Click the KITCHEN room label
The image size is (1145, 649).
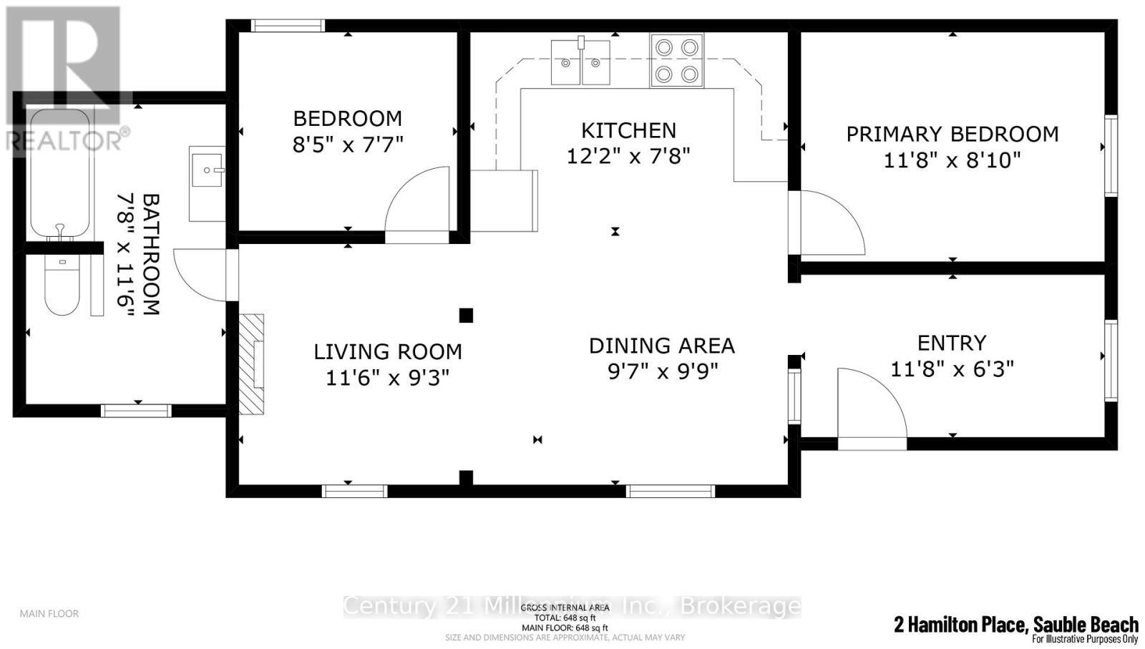[628, 130]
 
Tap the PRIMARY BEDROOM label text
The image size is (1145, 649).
[952, 134]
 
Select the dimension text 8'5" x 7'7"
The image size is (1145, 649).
[348, 145]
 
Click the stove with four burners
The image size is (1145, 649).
[676, 60]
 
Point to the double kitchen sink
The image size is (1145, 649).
[580, 63]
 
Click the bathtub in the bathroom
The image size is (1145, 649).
[60, 173]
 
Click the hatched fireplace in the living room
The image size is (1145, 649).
[251, 363]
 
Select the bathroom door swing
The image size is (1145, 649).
[201, 274]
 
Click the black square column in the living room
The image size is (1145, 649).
[466, 315]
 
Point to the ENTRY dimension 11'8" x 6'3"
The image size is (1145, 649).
[952, 369]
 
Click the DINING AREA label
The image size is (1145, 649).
[661, 346]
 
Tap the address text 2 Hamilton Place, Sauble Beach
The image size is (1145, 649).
[1015, 624]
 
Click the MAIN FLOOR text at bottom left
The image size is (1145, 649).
[49, 613]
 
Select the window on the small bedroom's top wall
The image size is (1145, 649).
[288, 26]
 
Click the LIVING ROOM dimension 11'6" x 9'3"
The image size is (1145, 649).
[387, 377]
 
